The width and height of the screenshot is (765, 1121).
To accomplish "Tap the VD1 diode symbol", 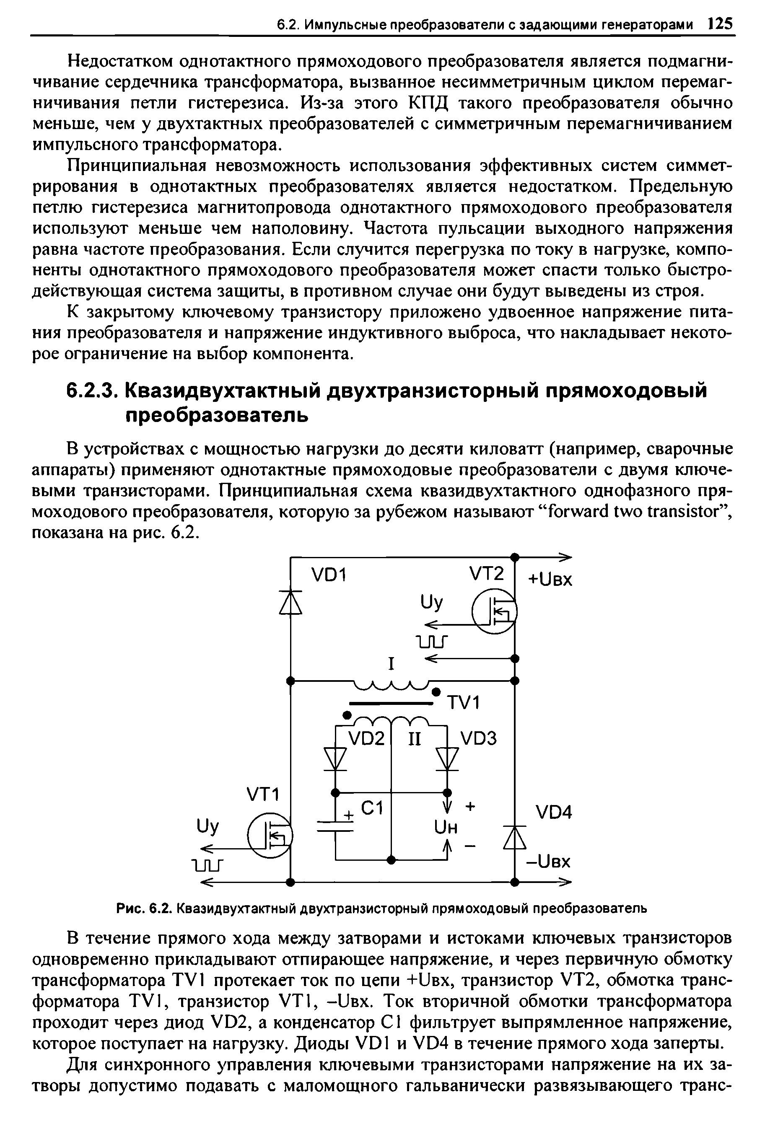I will pyautogui.click(x=291, y=603).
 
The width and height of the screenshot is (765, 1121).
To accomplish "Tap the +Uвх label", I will pyautogui.click(x=550, y=579).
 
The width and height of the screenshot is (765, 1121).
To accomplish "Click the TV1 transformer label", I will pyautogui.click(x=464, y=703).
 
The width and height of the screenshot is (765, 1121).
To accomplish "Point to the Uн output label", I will pyautogui.click(x=446, y=828).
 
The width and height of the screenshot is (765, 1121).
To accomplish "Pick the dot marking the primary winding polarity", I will pyautogui.click(x=436, y=692).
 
